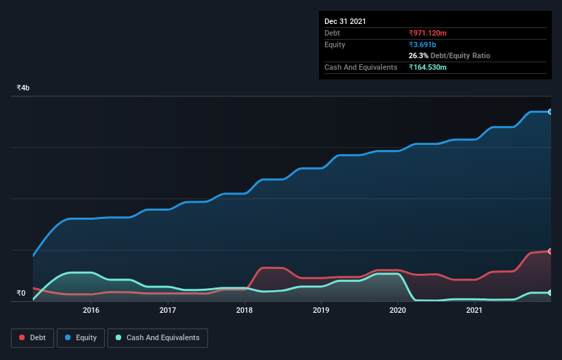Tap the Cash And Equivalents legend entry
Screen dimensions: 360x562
click(x=157, y=337)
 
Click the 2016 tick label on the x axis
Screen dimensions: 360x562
click(x=91, y=311)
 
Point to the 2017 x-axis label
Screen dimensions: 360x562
click(x=168, y=311)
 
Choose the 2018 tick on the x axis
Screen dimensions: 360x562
click(x=244, y=311)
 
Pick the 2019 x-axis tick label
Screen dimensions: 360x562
click(x=321, y=311)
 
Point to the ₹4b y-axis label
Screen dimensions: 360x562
click(x=23, y=88)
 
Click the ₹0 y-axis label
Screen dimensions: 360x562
click(x=21, y=294)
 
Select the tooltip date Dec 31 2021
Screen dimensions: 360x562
click(x=345, y=21)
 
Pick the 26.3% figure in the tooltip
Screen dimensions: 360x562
click(x=419, y=55)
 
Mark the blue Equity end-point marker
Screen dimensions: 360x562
click(x=550, y=112)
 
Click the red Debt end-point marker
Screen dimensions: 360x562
click(x=550, y=251)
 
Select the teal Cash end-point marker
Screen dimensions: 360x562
click(x=550, y=292)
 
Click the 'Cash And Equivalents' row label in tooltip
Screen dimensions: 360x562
click(x=361, y=67)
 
